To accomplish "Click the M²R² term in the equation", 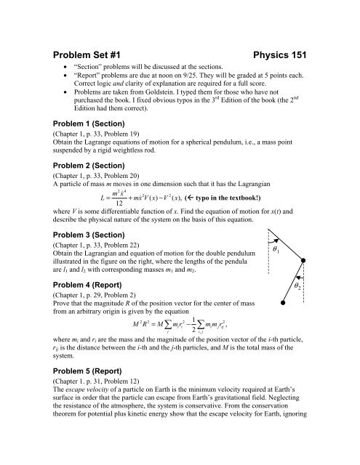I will [151, 363].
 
